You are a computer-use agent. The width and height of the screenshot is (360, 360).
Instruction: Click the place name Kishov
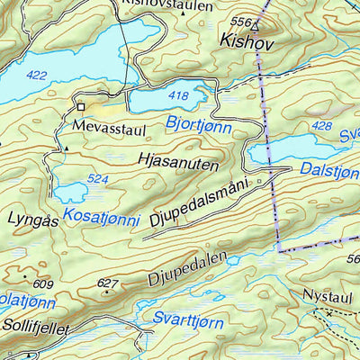point(245,41)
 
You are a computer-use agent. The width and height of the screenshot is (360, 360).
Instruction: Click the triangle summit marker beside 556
point(256,23)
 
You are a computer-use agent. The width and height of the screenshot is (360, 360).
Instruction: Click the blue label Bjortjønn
point(198,122)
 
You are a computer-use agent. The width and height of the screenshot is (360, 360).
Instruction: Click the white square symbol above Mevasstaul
point(80,106)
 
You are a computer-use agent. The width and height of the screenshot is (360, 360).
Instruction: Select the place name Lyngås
point(31,219)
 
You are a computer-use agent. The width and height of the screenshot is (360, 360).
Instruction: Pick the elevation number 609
point(44,285)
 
